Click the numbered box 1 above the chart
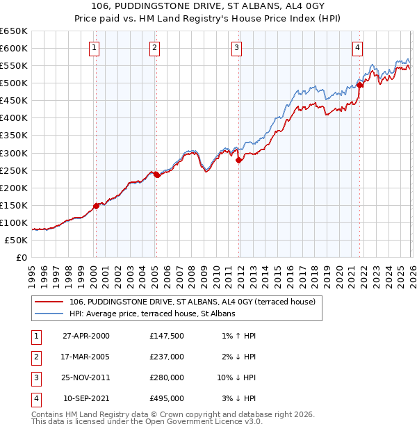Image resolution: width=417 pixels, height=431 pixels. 94,48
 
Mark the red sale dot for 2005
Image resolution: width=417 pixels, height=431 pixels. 156,174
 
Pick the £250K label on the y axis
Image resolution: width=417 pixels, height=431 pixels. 14,170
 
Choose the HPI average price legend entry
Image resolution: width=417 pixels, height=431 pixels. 152,314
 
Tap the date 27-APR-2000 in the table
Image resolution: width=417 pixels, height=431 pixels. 86,335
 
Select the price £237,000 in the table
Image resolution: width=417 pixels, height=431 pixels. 167,357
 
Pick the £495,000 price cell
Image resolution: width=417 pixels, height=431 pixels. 167,399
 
